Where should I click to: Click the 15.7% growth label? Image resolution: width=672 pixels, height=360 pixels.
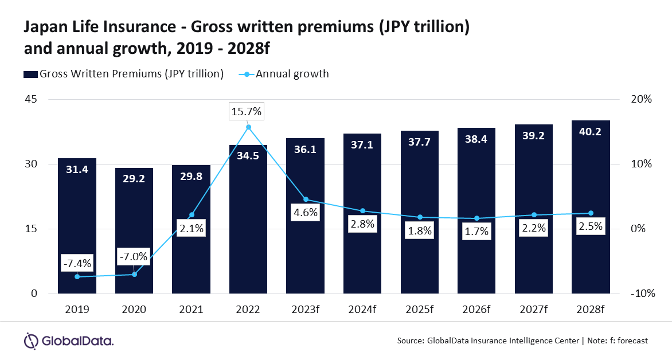point(246,112)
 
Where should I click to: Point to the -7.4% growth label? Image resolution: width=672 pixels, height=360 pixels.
point(77,264)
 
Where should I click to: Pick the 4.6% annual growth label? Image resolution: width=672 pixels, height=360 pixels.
point(305,213)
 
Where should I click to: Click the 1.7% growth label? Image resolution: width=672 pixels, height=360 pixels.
point(476,232)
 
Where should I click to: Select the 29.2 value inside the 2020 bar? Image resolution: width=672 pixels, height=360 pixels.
point(134,179)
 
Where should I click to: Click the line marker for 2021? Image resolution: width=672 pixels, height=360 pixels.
point(191,215)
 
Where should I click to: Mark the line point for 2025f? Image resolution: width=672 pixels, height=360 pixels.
point(419,217)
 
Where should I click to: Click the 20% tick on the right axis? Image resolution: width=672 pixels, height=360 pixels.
point(640,99)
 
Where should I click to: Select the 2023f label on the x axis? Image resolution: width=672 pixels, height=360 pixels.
point(305,310)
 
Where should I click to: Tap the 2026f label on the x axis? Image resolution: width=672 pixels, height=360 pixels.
point(476,310)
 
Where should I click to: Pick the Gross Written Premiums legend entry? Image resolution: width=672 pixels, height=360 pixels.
point(123,74)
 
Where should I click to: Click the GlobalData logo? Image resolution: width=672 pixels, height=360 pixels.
point(68,341)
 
